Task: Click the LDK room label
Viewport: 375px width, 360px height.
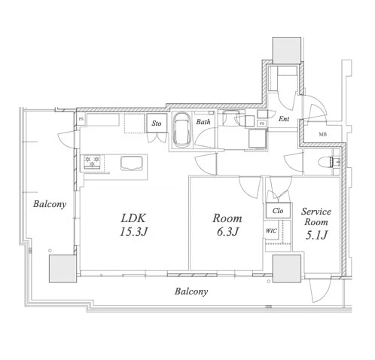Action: click(x=133, y=218)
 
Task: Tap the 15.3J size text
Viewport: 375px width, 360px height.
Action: click(x=133, y=231)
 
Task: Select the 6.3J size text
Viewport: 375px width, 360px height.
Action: click(x=227, y=231)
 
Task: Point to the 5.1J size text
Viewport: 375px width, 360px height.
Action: click(x=316, y=235)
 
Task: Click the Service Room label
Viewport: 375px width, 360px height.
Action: click(x=316, y=217)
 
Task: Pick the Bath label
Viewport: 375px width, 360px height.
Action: click(x=203, y=122)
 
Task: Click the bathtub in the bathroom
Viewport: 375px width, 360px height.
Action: click(x=182, y=130)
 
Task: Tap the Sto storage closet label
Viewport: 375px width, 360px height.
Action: click(x=157, y=124)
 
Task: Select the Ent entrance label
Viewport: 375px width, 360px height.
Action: click(x=284, y=119)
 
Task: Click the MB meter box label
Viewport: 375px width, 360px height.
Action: click(x=323, y=134)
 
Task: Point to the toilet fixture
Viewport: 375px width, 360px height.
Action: click(x=325, y=162)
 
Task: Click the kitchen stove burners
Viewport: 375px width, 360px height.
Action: click(x=92, y=161)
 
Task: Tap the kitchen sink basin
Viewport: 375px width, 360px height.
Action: click(x=132, y=163)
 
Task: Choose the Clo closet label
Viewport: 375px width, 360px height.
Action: click(x=278, y=210)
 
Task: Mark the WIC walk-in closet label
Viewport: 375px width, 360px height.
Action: click(x=271, y=230)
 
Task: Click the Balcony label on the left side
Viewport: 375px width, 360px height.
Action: click(x=50, y=204)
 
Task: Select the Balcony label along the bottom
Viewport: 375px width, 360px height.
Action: click(x=191, y=291)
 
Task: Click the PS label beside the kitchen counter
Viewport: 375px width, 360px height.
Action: click(x=81, y=119)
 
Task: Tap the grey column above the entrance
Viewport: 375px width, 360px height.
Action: click(x=287, y=50)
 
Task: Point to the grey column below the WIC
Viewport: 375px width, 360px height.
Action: click(x=287, y=269)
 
